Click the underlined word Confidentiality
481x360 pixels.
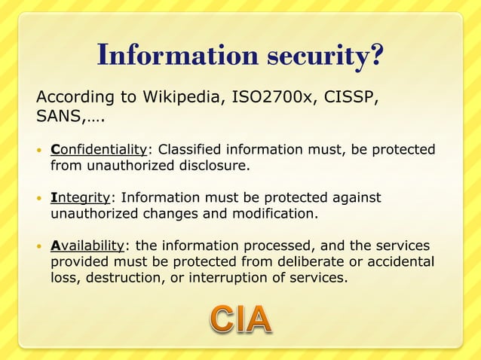(98, 148)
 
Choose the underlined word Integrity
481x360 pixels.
(81, 198)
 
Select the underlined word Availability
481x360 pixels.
(87, 247)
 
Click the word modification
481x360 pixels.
(277, 214)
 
